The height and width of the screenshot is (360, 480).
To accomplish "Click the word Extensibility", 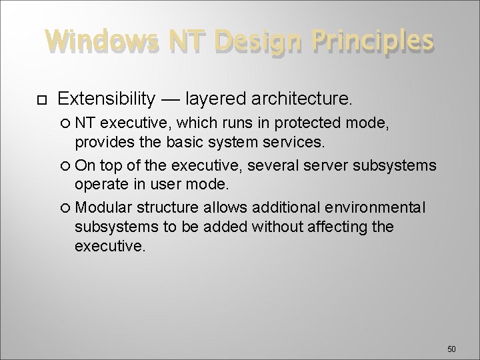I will click(107, 99).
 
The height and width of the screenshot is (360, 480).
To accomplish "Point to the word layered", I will click(218, 99).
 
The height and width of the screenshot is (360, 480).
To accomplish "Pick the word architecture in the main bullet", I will click(299, 99).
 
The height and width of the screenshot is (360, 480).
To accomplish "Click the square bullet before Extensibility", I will click(41, 100).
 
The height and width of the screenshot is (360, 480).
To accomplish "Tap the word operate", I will click(101, 185).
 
